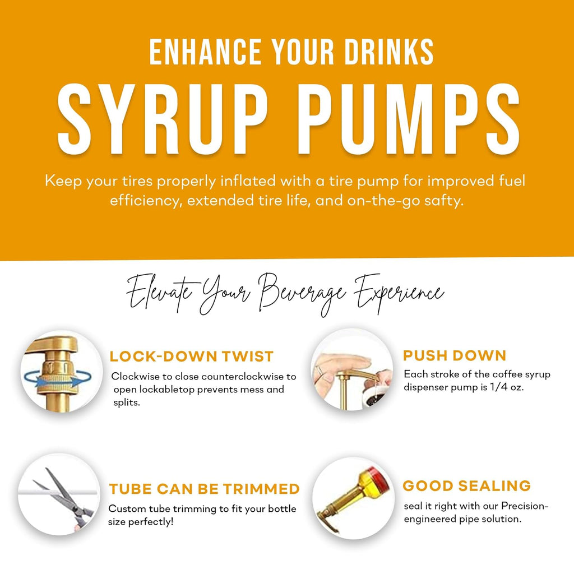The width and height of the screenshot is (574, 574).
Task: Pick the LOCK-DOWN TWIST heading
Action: click(192, 357)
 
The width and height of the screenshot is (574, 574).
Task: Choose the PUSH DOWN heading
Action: click(455, 355)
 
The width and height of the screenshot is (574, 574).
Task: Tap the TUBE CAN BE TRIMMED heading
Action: click(205, 489)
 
